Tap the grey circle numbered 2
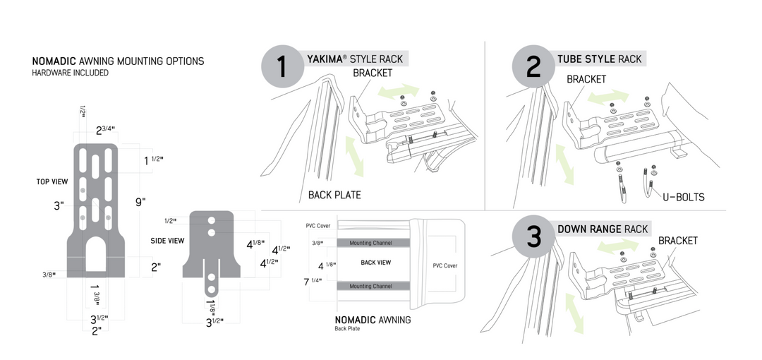pos(533,68)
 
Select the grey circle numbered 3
pos(533,237)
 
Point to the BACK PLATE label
pos(334,195)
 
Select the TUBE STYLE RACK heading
pos(600,59)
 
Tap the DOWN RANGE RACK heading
pos(603,229)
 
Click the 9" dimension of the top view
pos(140,202)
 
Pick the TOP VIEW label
pos(52,181)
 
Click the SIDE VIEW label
pos(167,241)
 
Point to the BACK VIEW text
pos(376,263)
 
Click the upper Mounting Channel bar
pos(370,243)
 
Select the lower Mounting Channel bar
pos(370,286)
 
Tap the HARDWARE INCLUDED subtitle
pos(71,73)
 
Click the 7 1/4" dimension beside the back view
pos(312,281)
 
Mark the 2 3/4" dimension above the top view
pos(107,130)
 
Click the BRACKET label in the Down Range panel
pos(677,241)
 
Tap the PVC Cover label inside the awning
pos(445,266)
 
